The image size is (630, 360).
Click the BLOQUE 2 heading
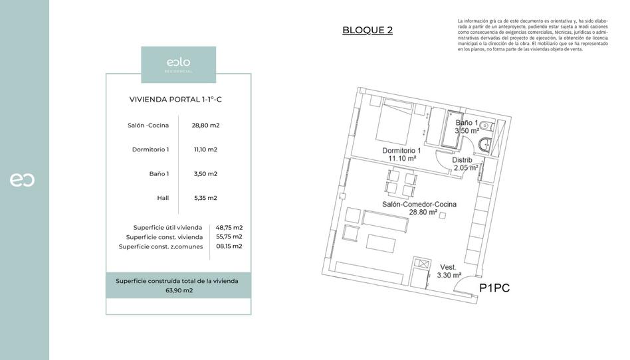point(367,30)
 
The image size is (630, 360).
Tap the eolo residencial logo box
point(178,64)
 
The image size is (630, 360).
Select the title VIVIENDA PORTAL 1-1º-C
point(178,100)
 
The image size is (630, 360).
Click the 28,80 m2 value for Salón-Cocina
point(205,125)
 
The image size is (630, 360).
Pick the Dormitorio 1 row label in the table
point(150,149)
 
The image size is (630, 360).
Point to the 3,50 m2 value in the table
point(205,174)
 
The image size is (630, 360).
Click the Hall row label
point(163,198)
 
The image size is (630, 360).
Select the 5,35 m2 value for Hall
point(205,198)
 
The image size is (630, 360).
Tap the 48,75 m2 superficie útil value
point(229,227)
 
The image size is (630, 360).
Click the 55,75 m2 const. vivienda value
point(229,236)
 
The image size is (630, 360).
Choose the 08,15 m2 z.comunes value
point(229,246)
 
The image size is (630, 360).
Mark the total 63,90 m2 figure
point(179,290)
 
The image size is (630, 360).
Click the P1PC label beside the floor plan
point(494,288)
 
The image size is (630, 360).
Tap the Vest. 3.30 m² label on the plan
point(448,271)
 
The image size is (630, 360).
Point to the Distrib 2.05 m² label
point(463,164)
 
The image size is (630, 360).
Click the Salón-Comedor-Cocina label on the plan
point(419,209)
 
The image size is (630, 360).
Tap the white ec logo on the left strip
point(22,180)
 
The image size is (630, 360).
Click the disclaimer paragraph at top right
point(532,35)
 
